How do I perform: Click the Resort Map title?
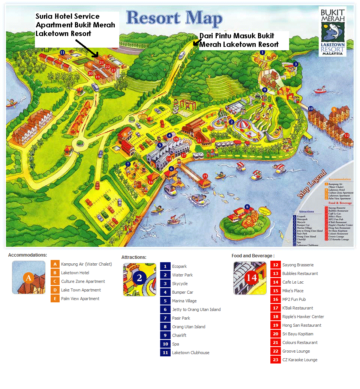(174, 18)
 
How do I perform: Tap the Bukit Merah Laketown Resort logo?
(332, 32)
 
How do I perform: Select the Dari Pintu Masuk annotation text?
(239, 40)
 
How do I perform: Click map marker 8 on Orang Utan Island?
(247, 207)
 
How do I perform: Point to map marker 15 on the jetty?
(205, 176)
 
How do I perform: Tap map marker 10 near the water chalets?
(310, 109)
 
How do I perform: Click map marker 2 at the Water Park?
(232, 122)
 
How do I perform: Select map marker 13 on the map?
(199, 141)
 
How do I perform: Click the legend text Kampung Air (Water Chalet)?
(86, 264)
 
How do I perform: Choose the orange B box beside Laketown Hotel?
(55, 273)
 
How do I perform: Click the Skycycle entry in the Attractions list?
(180, 284)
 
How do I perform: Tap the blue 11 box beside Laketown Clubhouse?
(165, 353)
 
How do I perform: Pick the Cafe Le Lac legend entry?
(293, 282)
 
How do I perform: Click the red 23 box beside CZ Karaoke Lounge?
(276, 360)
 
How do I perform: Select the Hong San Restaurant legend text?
(301, 325)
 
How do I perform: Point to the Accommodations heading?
(28, 255)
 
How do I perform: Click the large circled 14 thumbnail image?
(250, 278)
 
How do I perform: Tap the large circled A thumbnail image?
(29, 277)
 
